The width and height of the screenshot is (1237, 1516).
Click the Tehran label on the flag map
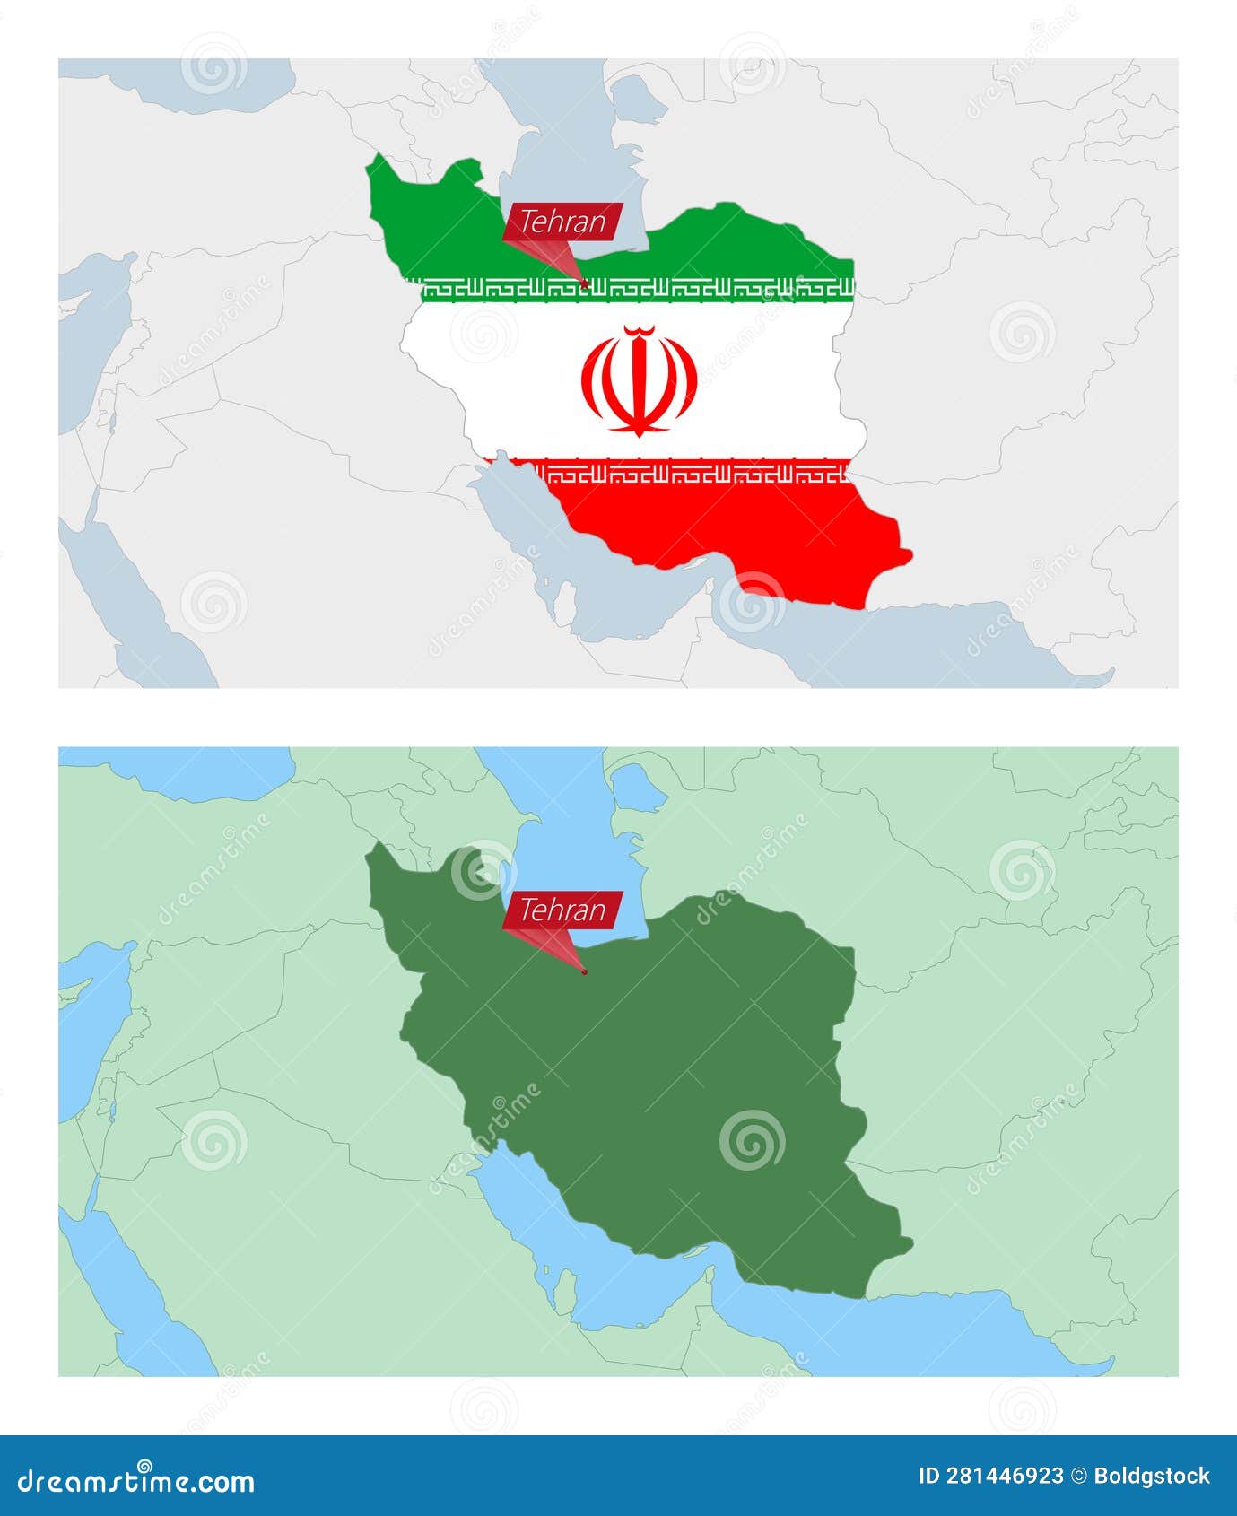[x=562, y=222]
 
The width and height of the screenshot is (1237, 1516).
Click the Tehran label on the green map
[x=562, y=910]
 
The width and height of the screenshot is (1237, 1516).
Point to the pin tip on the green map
[x=585, y=971]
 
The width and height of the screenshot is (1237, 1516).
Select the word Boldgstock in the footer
[x=1153, y=1477]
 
